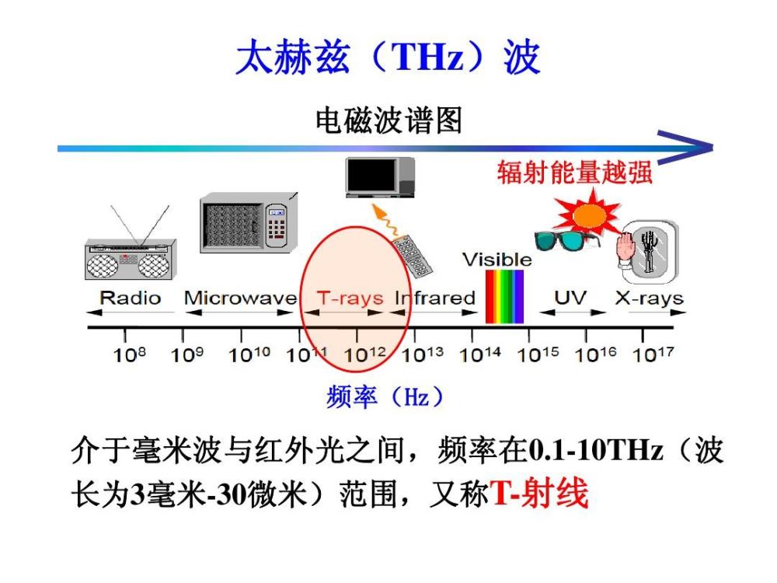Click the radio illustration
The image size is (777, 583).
click(x=129, y=255)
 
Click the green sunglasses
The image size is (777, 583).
click(x=566, y=239)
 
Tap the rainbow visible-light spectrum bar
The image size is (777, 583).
click(x=504, y=296)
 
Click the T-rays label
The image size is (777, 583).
click(x=350, y=298)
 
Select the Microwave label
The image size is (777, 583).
click(x=240, y=298)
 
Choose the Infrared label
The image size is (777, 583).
click(x=435, y=298)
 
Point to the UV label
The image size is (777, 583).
click(x=570, y=297)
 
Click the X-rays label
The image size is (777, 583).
click(x=649, y=298)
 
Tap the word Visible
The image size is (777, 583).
click(x=497, y=259)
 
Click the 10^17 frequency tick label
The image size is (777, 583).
click(x=652, y=355)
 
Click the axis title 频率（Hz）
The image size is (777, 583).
click(x=386, y=397)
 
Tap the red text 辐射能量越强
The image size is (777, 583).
click(x=574, y=173)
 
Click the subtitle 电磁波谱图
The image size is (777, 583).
click(x=388, y=120)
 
